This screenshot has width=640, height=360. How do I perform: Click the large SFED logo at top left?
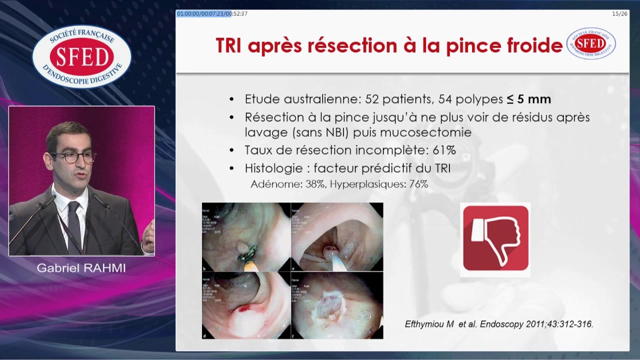pos(81,56)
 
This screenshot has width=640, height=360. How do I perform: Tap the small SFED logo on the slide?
pos(591,43)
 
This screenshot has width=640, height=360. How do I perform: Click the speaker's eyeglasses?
pos(79,157)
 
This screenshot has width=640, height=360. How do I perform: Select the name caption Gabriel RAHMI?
pos(81,268)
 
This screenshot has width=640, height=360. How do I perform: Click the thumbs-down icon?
pos(495,239)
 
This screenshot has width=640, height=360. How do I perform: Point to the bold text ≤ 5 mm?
pos(528,99)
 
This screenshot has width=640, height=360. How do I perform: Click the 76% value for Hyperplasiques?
pos(418,184)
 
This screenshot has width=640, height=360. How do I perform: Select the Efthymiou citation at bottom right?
pos(498,324)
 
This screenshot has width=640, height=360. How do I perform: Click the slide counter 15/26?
pos(619,13)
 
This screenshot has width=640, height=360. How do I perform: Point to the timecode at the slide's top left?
pos(212,13)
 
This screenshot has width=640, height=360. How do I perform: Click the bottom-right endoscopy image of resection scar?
pos(337,305)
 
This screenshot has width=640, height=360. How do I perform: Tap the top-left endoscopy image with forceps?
pos(246,236)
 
